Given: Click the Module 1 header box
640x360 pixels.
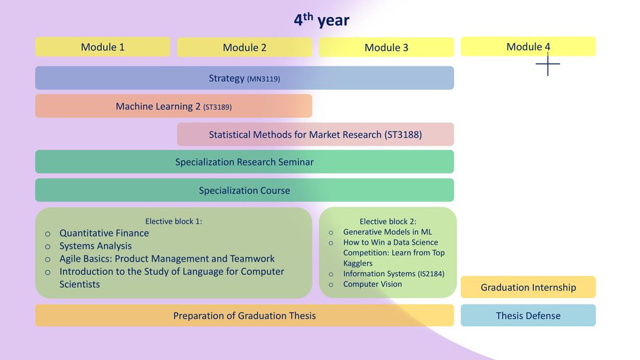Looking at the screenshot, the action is [102, 47].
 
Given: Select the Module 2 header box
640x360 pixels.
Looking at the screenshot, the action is [244, 48].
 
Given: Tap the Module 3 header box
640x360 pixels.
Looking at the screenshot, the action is [386, 48].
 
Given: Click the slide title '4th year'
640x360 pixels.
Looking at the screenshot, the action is [322, 19].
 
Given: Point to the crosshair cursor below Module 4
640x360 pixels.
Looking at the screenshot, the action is [548, 64].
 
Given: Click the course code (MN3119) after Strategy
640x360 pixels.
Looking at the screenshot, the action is [264, 79].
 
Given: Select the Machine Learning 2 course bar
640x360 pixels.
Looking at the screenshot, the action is [173, 106].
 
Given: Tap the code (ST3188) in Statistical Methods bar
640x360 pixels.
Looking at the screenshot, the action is [403, 134].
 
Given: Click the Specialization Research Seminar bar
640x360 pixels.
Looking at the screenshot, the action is [244, 161].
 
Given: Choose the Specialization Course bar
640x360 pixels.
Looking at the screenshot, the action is [244, 190].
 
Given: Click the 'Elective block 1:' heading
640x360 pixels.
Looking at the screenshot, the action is [173, 221].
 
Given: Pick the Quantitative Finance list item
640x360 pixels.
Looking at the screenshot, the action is [104, 233].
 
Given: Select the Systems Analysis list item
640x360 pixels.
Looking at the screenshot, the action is [96, 246].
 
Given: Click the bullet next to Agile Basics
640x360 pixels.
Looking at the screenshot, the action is [48, 260].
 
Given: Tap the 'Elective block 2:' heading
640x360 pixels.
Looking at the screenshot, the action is [388, 221].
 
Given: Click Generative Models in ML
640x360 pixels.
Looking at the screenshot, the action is [388, 232].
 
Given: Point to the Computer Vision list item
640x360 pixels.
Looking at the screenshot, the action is [372, 284].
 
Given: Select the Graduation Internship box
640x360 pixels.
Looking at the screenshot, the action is [528, 287].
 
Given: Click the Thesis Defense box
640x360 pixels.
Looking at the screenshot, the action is [528, 315].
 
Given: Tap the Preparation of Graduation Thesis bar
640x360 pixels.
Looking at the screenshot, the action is [244, 315].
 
